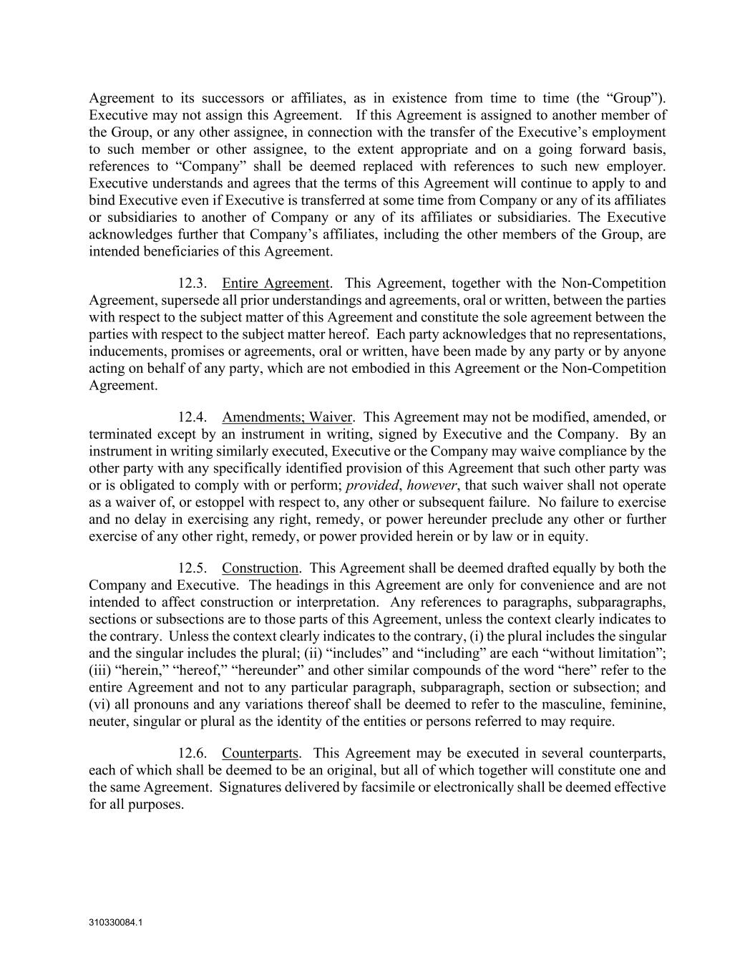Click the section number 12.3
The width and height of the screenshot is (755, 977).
pyautogui.click(x=193, y=283)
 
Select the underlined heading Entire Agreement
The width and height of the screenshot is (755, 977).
pyautogui.click(x=276, y=283)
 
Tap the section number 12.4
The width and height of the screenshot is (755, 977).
pyautogui.click(x=193, y=417)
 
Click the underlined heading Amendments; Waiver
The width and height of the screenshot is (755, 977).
pyautogui.click(x=287, y=417)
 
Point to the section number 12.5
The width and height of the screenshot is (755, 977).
pyautogui.click(x=193, y=568)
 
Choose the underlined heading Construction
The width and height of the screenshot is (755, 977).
pyautogui.click(x=260, y=568)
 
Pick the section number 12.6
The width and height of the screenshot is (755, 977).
pyautogui.click(x=193, y=754)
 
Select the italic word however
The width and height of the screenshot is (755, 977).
pyautogui.click(x=432, y=485)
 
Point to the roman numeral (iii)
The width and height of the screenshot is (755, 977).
pyautogui.click(x=101, y=671)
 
